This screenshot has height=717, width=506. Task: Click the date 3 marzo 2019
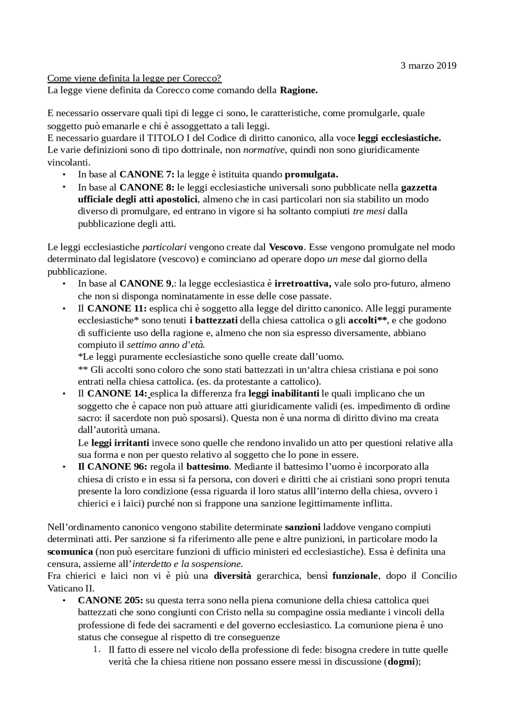point(429,66)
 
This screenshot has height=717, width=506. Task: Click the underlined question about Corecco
point(134,78)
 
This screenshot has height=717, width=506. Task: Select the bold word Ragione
point(299,90)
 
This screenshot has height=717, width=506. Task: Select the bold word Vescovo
point(286,247)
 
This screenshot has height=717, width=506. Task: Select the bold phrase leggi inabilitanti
point(284,394)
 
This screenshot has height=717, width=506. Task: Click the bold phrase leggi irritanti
point(120,443)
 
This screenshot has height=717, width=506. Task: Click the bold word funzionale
point(355,576)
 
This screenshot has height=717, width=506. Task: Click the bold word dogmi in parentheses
point(401,662)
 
